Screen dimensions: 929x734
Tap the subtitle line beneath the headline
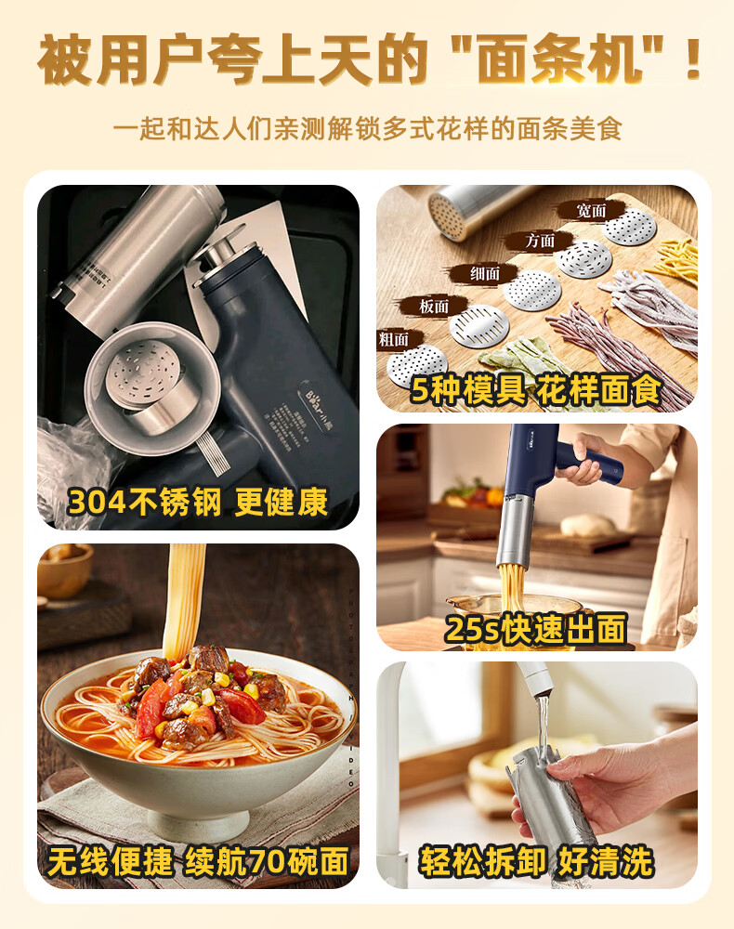(367, 127)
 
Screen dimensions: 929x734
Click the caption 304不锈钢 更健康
(198, 502)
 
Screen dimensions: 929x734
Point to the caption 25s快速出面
(536, 629)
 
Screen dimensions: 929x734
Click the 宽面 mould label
(591, 211)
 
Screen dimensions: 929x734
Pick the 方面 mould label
(540, 241)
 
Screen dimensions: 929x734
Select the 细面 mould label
(485, 273)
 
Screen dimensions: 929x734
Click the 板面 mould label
(434, 305)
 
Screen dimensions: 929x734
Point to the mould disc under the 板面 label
(479, 324)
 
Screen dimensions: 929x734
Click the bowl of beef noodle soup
(198, 734)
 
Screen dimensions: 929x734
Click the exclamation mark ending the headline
(690, 60)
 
